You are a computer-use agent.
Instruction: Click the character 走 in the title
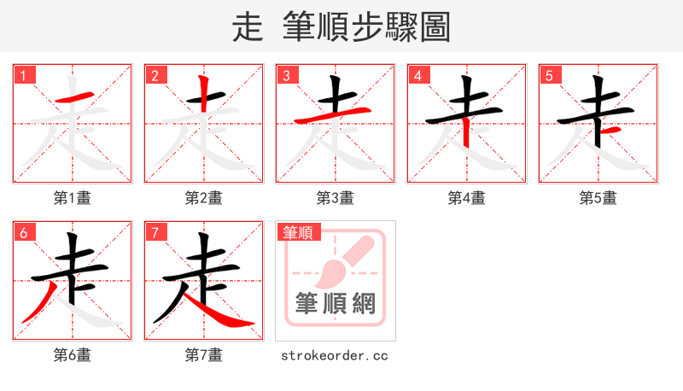click(248, 27)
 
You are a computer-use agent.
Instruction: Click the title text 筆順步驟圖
click(366, 27)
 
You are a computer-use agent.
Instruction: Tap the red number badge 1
click(23, 75)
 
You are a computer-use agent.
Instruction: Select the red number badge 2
click(155, 75)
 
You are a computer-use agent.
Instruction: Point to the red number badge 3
click(286, 75)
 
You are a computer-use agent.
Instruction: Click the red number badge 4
click(417, 75)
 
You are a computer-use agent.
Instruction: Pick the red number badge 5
click(549, 75)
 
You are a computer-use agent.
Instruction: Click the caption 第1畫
click(73, 198)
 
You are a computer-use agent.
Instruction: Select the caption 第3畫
click(336, 198)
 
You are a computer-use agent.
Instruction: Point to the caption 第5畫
click(598, 198)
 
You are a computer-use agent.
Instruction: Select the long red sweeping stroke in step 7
click(218, 315)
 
